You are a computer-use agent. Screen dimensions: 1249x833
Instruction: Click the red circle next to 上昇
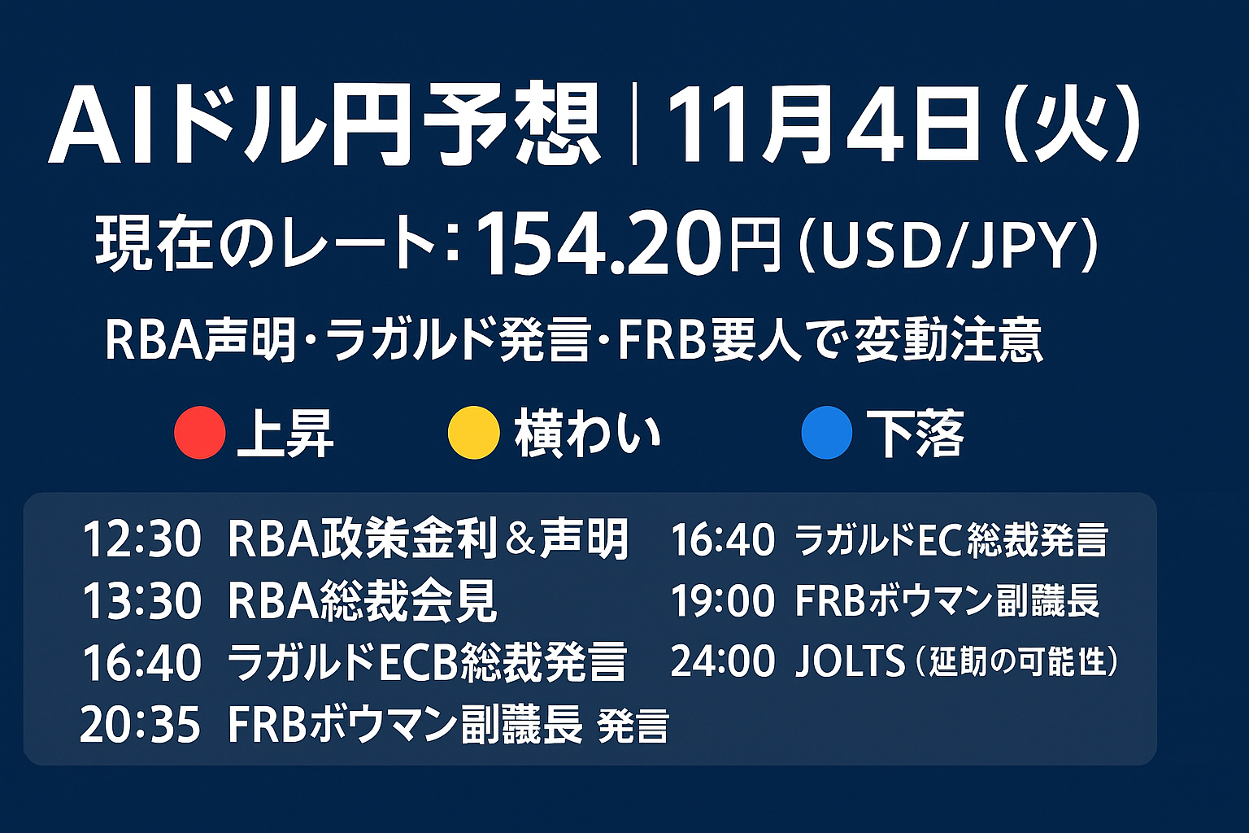pos(199,433)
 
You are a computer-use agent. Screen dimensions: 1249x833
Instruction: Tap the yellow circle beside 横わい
pos(474,433)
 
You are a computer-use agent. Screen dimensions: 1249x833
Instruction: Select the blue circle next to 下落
pos(827,433)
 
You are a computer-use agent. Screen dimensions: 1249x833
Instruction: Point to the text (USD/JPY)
pos(948,246)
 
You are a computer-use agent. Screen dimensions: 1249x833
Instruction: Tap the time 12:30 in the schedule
pos(141,539)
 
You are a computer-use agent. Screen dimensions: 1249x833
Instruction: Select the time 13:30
pos(141,601)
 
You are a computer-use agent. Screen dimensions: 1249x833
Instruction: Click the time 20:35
pos(141,725)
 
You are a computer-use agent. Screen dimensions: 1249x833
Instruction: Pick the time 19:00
pos(723,601)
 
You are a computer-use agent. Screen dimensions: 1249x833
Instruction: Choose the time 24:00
pos(723,661)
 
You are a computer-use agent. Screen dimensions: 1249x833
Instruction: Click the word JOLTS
pos(850,661)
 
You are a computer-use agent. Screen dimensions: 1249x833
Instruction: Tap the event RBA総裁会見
pos(362,601)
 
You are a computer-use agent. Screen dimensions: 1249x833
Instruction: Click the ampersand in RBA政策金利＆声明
pos(519,539)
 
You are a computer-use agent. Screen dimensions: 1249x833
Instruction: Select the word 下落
pos(916,434)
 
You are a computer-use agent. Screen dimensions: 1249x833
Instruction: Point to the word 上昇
pos(285,434)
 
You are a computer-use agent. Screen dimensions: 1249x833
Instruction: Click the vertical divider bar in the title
pos(634,124)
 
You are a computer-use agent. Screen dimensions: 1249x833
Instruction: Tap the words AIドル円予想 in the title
pos(324,124)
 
